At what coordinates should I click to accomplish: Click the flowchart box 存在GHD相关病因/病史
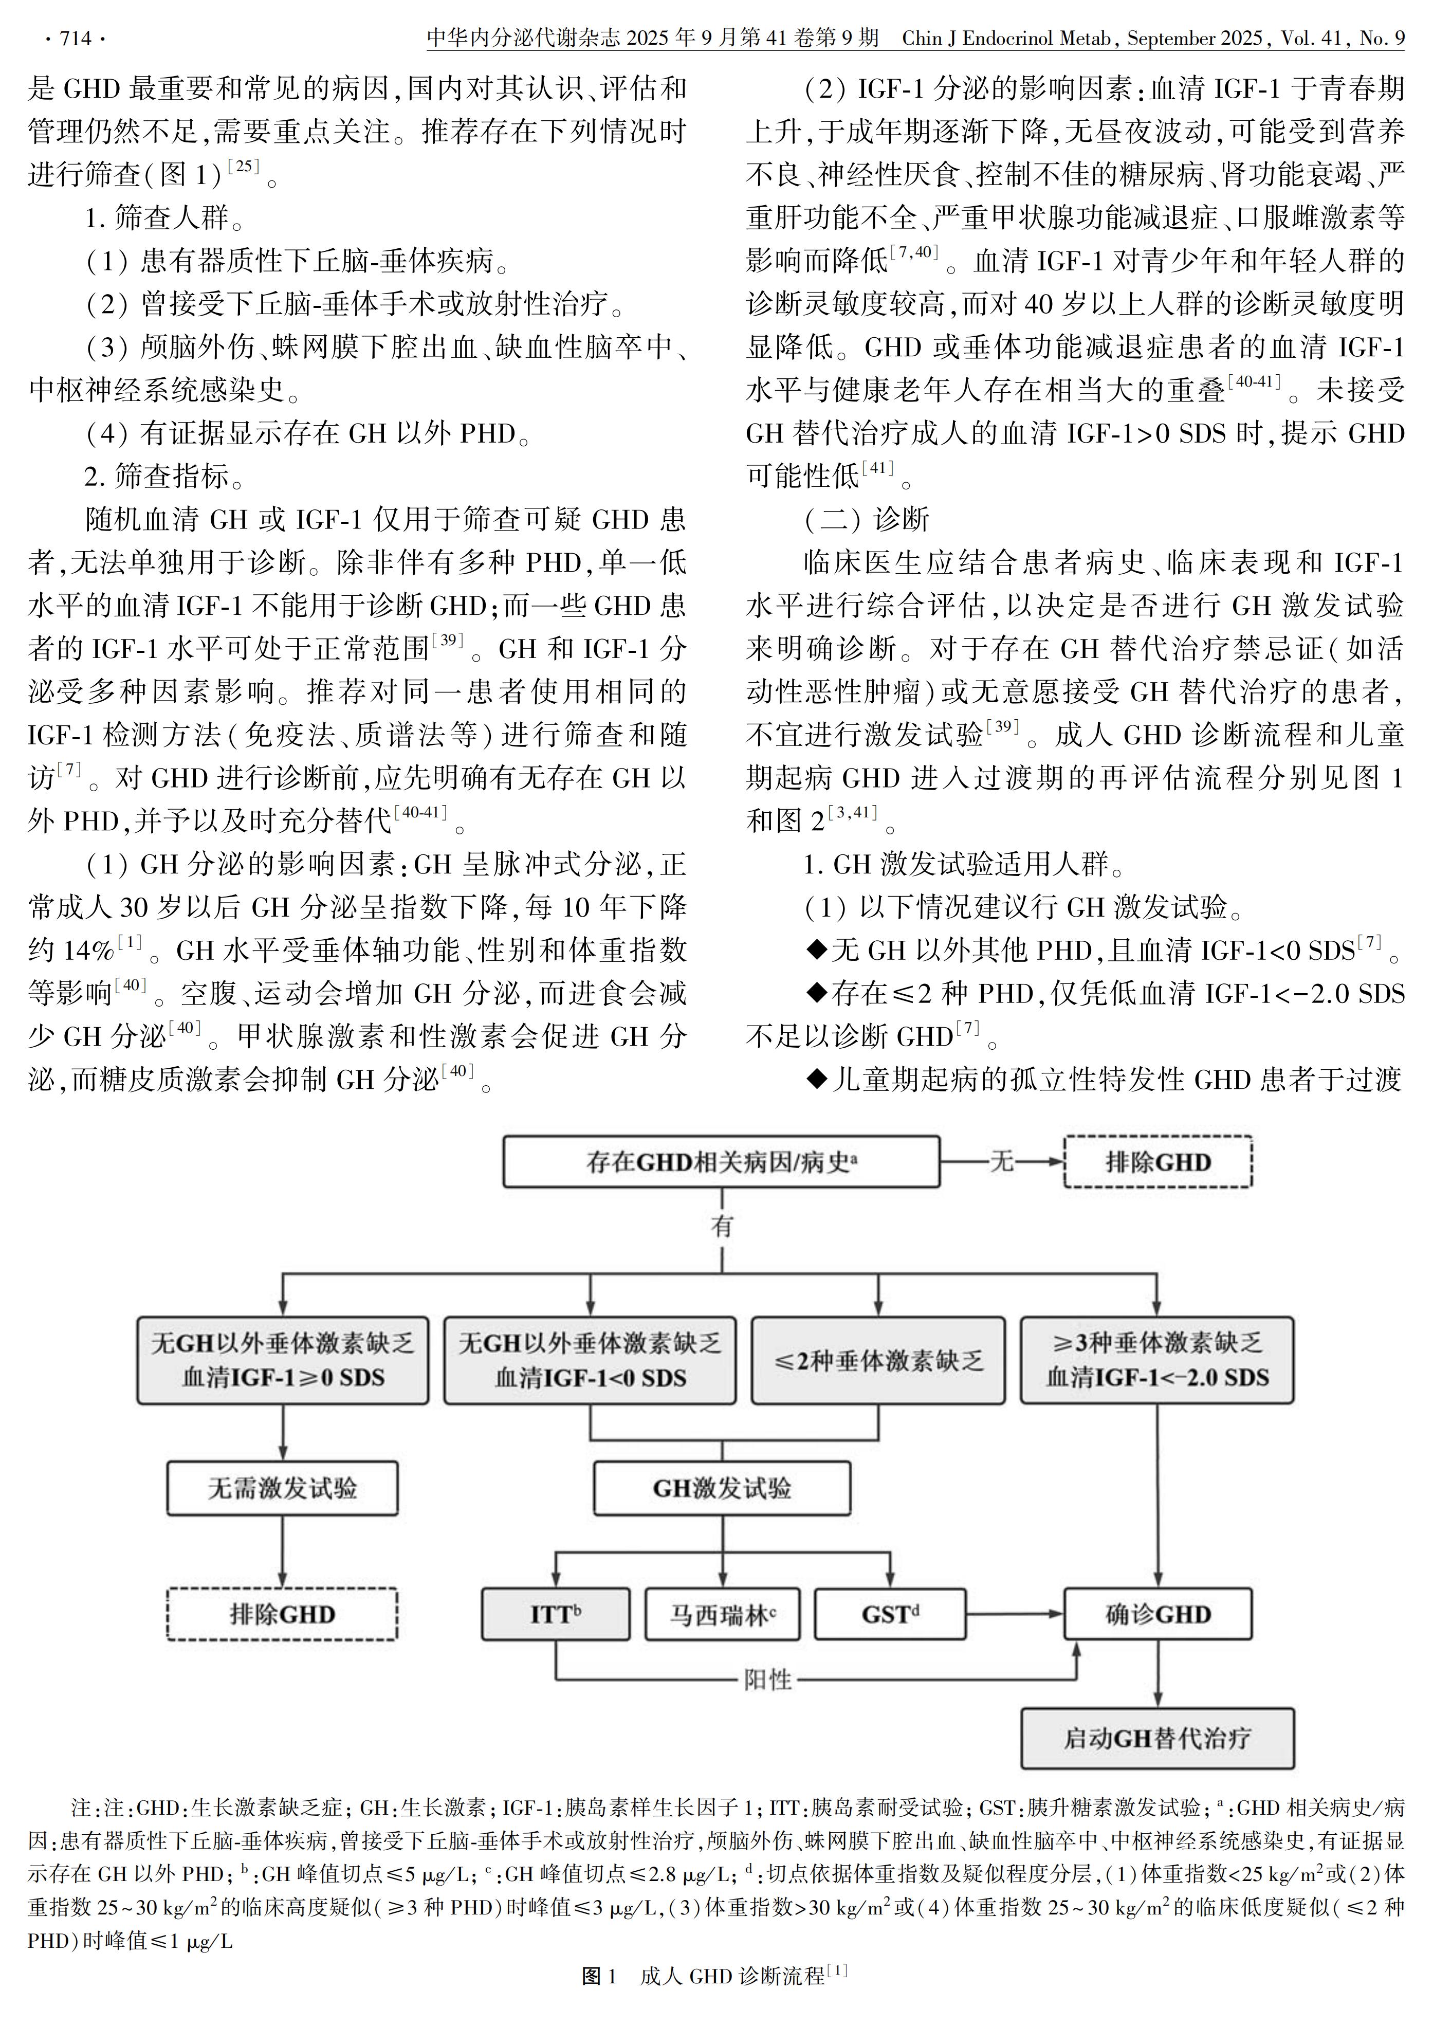(x=721, y=1161)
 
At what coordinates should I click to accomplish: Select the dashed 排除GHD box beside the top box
(x=1158, y=1161)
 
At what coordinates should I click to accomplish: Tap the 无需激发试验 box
(x=282, y=1489)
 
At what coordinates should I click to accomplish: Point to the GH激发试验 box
(x=722, y=1489)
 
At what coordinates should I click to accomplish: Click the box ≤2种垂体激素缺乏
(x=878, y=1361)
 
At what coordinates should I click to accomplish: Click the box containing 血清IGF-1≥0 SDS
(x=282, y=1361)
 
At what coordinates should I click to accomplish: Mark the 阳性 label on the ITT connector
(x=767, y=1679)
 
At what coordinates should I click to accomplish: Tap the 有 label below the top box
(x=722, y=1226)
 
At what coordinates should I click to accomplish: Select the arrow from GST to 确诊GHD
(x=1015, y=1614)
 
